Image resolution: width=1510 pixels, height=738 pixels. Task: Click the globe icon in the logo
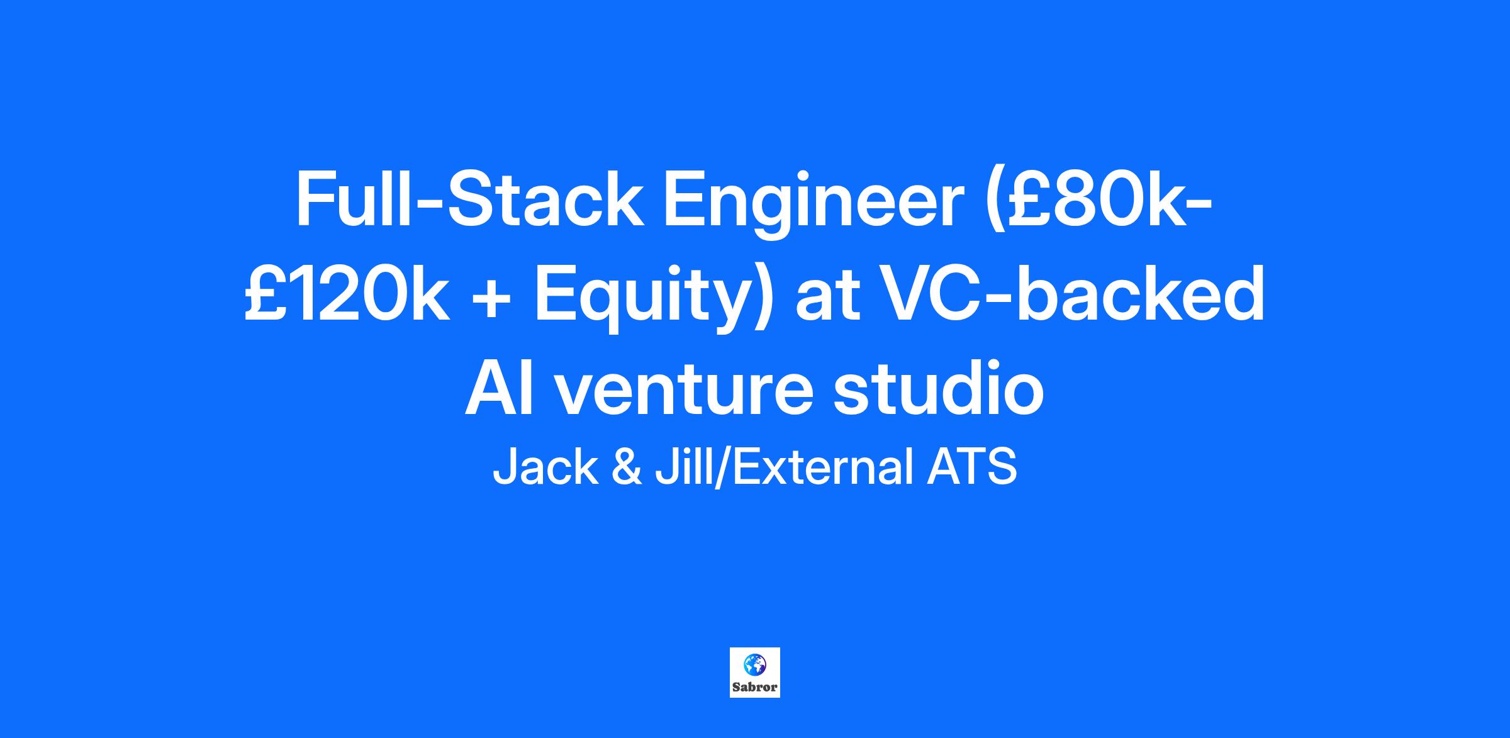click(x=754, y=664)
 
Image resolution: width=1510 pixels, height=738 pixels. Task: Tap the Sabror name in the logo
click(x=754, y=687)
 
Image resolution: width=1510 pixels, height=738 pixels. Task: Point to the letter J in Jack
click(x=504, y=467)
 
